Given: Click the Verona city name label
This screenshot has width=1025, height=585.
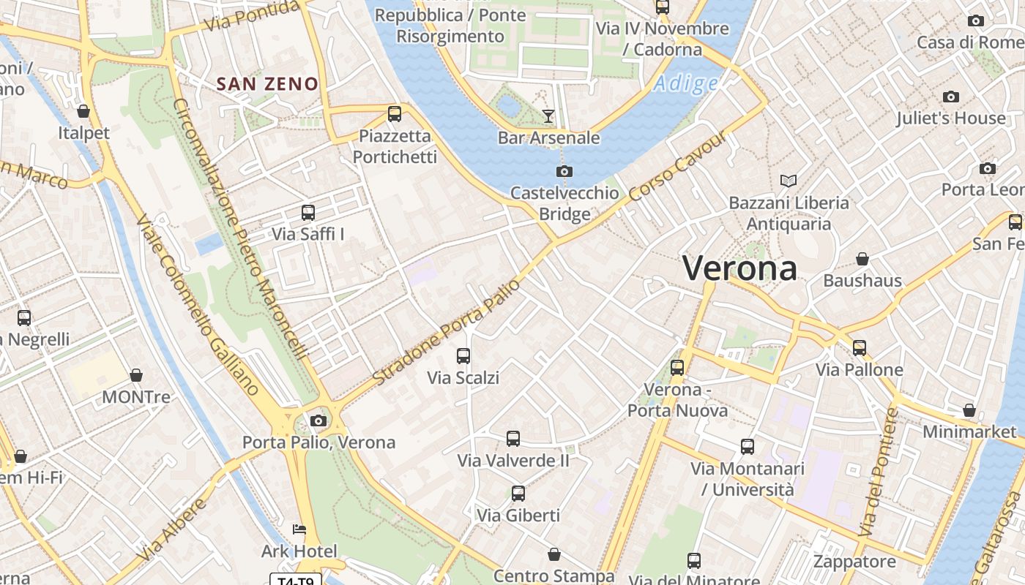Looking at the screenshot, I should point(739,268).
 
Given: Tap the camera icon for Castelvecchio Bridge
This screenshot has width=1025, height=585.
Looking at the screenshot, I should point(564,171).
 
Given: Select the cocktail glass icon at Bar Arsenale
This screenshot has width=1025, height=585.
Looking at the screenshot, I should point(548,116).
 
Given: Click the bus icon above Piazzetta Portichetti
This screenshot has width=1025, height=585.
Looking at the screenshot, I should point(395,113).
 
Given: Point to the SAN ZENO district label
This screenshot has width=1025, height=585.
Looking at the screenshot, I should point(267,84).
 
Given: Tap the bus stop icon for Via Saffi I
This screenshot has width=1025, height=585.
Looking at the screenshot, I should point(308,213).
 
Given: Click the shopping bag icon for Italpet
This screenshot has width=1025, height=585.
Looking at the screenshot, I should point(83,111).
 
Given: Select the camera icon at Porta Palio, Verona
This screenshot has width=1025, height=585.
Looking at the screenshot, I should point(318,420).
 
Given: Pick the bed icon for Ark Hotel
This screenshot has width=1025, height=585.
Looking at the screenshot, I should point(299,529).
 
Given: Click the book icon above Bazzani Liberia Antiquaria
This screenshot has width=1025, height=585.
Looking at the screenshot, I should point(789,181).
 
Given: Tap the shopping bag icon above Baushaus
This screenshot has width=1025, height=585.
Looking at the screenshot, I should point(862,259).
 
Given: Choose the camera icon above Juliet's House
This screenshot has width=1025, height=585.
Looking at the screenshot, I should point(951,97).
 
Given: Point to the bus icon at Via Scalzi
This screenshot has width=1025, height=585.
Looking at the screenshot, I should point(463,356).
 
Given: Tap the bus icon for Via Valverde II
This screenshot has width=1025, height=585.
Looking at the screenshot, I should point(513,439).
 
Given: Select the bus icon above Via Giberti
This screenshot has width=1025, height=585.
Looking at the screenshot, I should point(518,494).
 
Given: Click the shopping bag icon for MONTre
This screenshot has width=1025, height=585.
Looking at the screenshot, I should point(136,376).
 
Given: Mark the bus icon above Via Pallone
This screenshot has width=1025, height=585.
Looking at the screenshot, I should point(860,348).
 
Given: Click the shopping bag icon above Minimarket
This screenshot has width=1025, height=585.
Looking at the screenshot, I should point(969,410).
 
